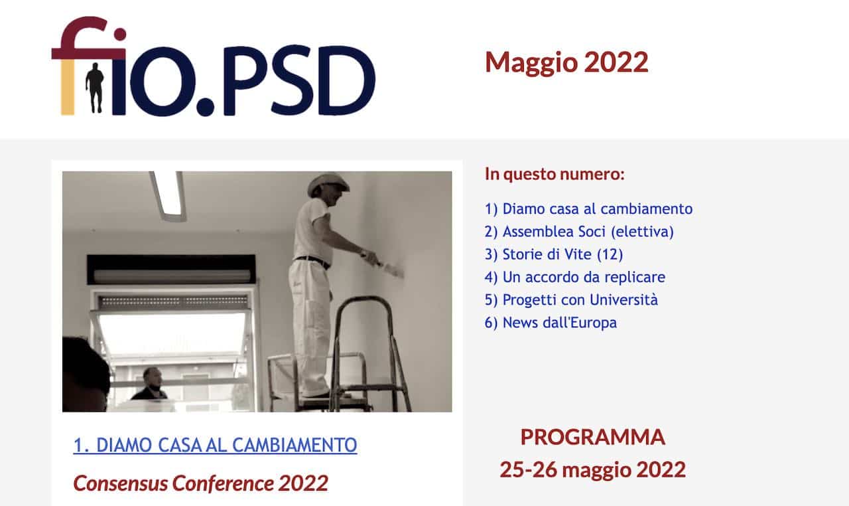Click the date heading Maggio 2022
566,62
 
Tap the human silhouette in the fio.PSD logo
95,88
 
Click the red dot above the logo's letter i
120,34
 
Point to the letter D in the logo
347,80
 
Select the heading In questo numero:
555,174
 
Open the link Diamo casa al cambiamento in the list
588,209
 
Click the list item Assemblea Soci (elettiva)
579,232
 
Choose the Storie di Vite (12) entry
554,254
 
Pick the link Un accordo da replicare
575,278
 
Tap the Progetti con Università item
571,300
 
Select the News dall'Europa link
551,323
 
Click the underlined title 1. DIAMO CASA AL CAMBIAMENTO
216,446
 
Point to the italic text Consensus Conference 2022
201,483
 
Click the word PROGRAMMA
593,437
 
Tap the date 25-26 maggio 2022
593,469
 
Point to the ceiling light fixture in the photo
168,195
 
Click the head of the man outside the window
153,377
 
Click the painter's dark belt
313,262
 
